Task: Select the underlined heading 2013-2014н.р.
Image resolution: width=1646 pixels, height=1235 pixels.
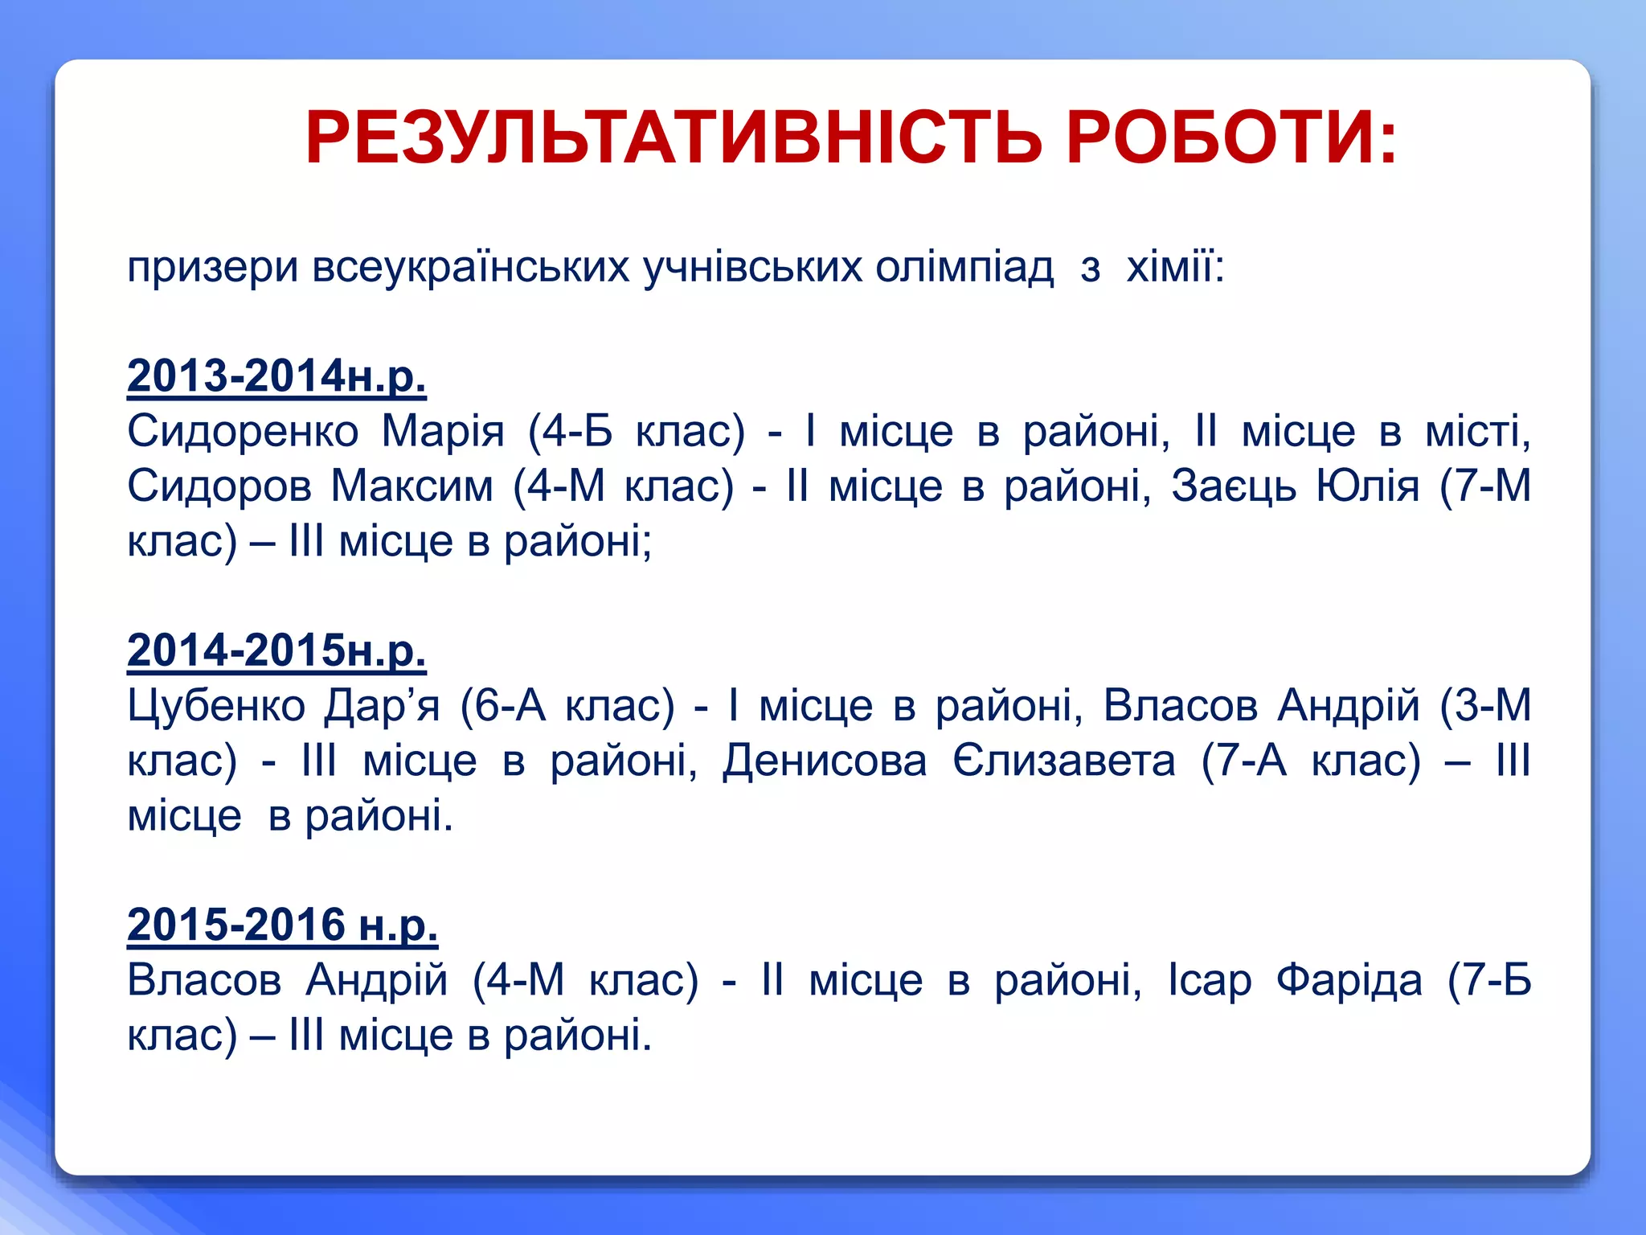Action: (x=276, y=376)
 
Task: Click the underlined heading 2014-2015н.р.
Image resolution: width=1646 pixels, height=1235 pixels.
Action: (x=276, y=650)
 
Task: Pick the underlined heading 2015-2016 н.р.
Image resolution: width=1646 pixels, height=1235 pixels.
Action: (x=282, y=925)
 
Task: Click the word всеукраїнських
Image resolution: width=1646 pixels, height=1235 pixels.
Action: (x=470, y=267)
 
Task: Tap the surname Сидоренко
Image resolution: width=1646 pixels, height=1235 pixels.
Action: (x=243, y=432)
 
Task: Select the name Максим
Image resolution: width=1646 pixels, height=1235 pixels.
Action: (x=412, y=486)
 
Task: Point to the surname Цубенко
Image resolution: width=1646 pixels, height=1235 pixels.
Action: (x=216, y=706)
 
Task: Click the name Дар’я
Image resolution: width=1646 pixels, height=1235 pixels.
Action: (x=383, y=706)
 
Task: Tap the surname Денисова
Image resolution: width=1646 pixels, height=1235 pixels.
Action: (x=825, y=761)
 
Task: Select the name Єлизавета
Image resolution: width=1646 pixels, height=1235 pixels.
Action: (x=1063, y=761)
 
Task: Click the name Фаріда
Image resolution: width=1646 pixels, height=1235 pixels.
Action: (x=1349, y=981)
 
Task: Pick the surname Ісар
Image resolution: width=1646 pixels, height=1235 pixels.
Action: (x=1210, y=981)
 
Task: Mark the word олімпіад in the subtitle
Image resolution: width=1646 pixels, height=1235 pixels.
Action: (x=964, y=267)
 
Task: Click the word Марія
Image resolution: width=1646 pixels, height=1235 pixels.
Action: (x=443, y=432)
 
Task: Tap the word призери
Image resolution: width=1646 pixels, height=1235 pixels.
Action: (x=213, y=269)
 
